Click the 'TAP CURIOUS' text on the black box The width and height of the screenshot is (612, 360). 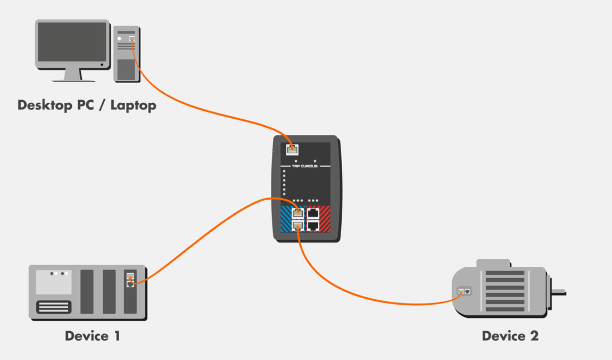[305, 166]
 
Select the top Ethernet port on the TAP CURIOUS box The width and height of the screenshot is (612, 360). [292, 149]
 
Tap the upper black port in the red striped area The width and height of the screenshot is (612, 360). [313, 213]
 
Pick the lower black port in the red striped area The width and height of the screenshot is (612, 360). [313, 225]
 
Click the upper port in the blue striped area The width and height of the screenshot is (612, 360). [298, 213]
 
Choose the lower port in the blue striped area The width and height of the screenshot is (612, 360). [298, 225]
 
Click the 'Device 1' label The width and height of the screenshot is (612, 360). [92, 336]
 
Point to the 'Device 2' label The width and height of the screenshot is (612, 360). [510, 336]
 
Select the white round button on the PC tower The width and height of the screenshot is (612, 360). [120, 38]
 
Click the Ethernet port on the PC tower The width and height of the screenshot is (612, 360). [131, 38]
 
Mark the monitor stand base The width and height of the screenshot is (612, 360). [73, 80]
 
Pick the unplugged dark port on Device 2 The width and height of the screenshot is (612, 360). [467, 291]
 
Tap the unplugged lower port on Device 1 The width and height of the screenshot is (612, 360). [130, 284]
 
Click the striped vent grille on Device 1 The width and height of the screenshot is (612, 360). [53, 307]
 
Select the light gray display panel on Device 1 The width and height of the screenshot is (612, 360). [53, 282]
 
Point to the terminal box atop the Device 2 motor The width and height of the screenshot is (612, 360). [493, 264]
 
